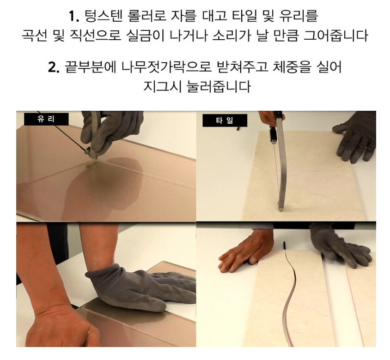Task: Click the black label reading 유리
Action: tap(46, 119)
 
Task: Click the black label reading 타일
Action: tap(225, 120)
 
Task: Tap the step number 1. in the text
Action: tap(74, 17)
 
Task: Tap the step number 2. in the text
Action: tap(54, 67)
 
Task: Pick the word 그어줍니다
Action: tap(336, 36)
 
